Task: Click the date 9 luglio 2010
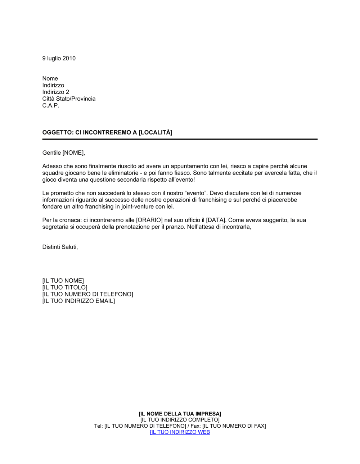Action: pos(59,58)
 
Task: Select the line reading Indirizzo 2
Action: pos(55,92)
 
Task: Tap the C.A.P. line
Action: pos(50,105)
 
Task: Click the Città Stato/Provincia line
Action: pos(69,99)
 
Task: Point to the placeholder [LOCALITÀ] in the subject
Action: pos(156,132)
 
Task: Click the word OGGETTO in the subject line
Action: pos(57,132)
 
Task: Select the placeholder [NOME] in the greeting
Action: pos(73,153)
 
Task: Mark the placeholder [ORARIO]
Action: pos(149,220)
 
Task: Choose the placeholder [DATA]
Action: pos(216,220)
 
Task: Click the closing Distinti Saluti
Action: pos(60,247)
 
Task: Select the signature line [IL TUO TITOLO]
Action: pos(65,287)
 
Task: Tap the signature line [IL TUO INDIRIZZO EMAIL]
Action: pos(78,301)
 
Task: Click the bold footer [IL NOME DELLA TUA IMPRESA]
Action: pos(180,414)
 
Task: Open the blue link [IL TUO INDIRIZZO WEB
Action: pos(180,432)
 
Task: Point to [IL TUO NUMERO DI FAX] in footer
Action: pos(234,426)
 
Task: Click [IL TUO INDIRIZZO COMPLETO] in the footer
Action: pos(180,420)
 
